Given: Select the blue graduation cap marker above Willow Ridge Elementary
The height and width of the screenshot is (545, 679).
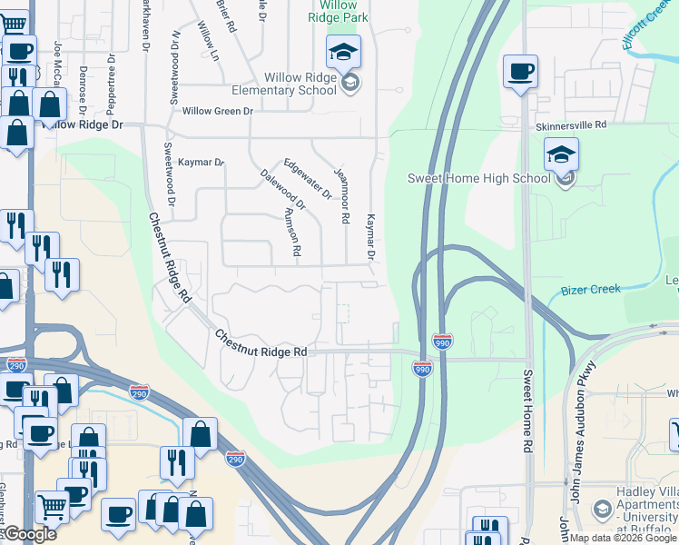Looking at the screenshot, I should pos(344,54).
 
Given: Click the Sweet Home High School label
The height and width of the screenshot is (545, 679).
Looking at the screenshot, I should pos(478,178).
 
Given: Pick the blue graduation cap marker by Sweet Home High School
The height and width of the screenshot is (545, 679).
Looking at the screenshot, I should pos(562,155).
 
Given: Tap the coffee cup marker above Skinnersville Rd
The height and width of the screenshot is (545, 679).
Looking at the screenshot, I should pos(521,73).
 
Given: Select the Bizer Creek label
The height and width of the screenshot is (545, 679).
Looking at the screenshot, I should pos(590,289).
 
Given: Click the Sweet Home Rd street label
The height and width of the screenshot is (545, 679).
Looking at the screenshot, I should pos(527,411).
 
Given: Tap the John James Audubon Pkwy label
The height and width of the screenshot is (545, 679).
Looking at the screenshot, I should pos(574,431).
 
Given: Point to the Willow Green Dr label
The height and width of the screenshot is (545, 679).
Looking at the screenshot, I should pos(217,111).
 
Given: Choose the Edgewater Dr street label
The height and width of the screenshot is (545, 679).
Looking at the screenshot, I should pos(308,178).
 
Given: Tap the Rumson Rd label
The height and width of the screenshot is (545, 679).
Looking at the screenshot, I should pos(292,232).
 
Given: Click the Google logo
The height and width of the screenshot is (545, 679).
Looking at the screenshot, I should pos(29,534).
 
